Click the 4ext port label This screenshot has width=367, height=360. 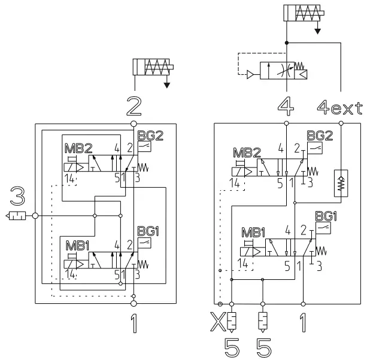339,108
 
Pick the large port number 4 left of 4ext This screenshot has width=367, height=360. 286,108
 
